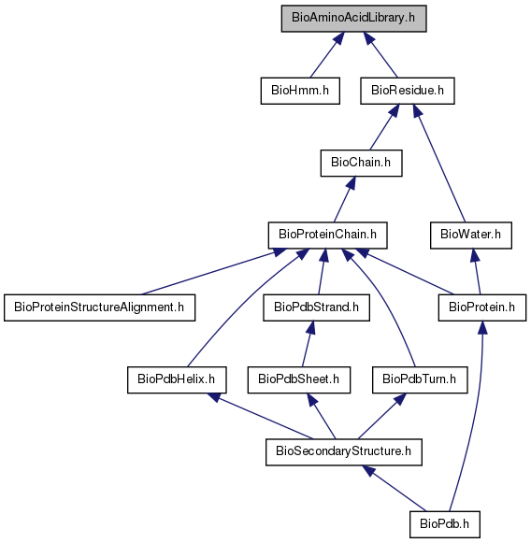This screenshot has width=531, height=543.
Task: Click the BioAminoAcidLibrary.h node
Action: point(353,19)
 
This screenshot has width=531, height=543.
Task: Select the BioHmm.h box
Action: point(300,91)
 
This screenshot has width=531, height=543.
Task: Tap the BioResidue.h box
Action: point(408,91)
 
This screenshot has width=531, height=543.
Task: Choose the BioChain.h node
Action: point(361,163)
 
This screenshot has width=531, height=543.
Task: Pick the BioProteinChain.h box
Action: point(328,236)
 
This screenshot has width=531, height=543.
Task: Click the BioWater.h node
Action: point(471,236)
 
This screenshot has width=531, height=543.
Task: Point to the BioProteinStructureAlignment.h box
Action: point(100,307)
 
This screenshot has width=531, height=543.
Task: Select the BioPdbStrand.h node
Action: point(316,307)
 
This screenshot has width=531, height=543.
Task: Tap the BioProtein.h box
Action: point(482,307)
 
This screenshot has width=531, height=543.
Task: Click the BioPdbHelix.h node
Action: point(177,379)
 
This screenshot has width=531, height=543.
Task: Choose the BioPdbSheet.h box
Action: point(299,379)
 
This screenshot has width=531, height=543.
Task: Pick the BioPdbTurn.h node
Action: point(420,379)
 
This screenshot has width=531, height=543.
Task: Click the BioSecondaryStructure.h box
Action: point(344,452)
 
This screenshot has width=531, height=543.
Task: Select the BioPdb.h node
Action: point(445,524)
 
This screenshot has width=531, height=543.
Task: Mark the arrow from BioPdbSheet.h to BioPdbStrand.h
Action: point(309,344)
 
